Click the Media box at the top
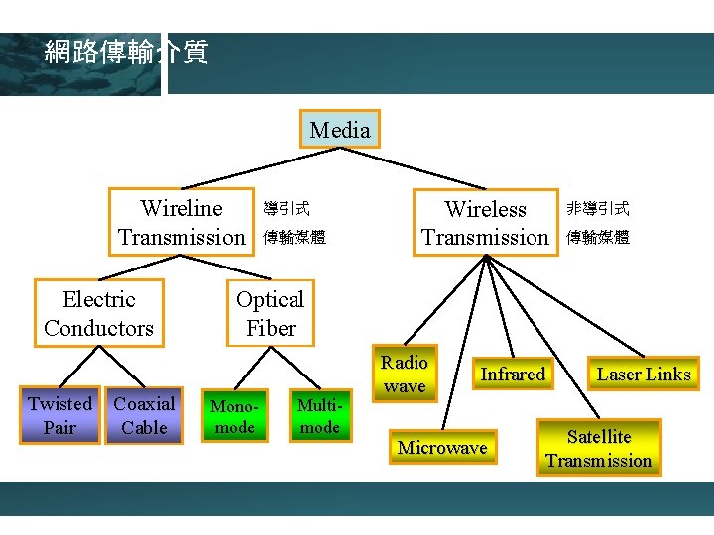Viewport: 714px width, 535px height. (339, 129)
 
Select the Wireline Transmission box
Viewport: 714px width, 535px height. (181, 222)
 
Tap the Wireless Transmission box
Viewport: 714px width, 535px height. (485, 223)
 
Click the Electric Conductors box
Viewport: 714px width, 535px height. (98, 313)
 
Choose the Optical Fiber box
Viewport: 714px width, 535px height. (270, 313)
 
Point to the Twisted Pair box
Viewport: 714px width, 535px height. (59, 415)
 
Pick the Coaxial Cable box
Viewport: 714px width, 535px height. (144, 415)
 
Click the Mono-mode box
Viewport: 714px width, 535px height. (235, 416)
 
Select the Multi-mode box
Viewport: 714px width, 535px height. (319, 415)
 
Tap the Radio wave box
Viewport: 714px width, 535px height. (405, 374)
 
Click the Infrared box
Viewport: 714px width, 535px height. (513, 374)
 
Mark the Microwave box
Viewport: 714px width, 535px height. (442, 448)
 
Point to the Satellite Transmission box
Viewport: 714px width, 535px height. (599, 448)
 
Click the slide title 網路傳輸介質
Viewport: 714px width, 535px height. (126, 53)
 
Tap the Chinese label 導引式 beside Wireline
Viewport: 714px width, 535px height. (286, 209)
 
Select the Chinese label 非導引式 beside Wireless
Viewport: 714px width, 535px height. (597, 209)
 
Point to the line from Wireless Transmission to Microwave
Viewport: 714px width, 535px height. (465, 342)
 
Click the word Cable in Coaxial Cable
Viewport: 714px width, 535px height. (144, 428)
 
